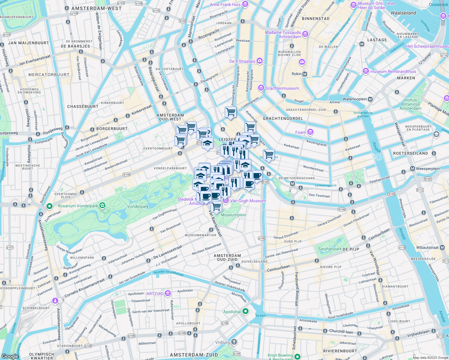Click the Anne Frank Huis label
[x=225, y=4]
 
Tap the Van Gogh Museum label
[x=248, y=201]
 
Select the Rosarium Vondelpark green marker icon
[x=50, y=206]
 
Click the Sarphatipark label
[x=330, y=249]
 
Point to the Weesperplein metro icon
[x=412, y=169]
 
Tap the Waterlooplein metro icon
[x=370, y=99]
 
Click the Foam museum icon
[x=310, y=132]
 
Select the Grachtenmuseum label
[x=282, y=88]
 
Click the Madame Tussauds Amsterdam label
[x=283, y=34]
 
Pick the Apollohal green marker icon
[x=246, y=311]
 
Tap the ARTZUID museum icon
[x=168, y=293]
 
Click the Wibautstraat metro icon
[x=442, y=247]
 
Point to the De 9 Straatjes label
[x=242, y=61]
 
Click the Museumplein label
[x=234, y=215]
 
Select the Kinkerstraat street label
[x=142, y=110]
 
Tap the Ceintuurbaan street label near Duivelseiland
[x=279, y=268]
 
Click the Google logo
[x=10, y=356]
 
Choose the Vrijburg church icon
[x=234, y=342]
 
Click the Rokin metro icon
[x=305, y=74]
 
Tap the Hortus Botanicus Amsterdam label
[x=410, y=104]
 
